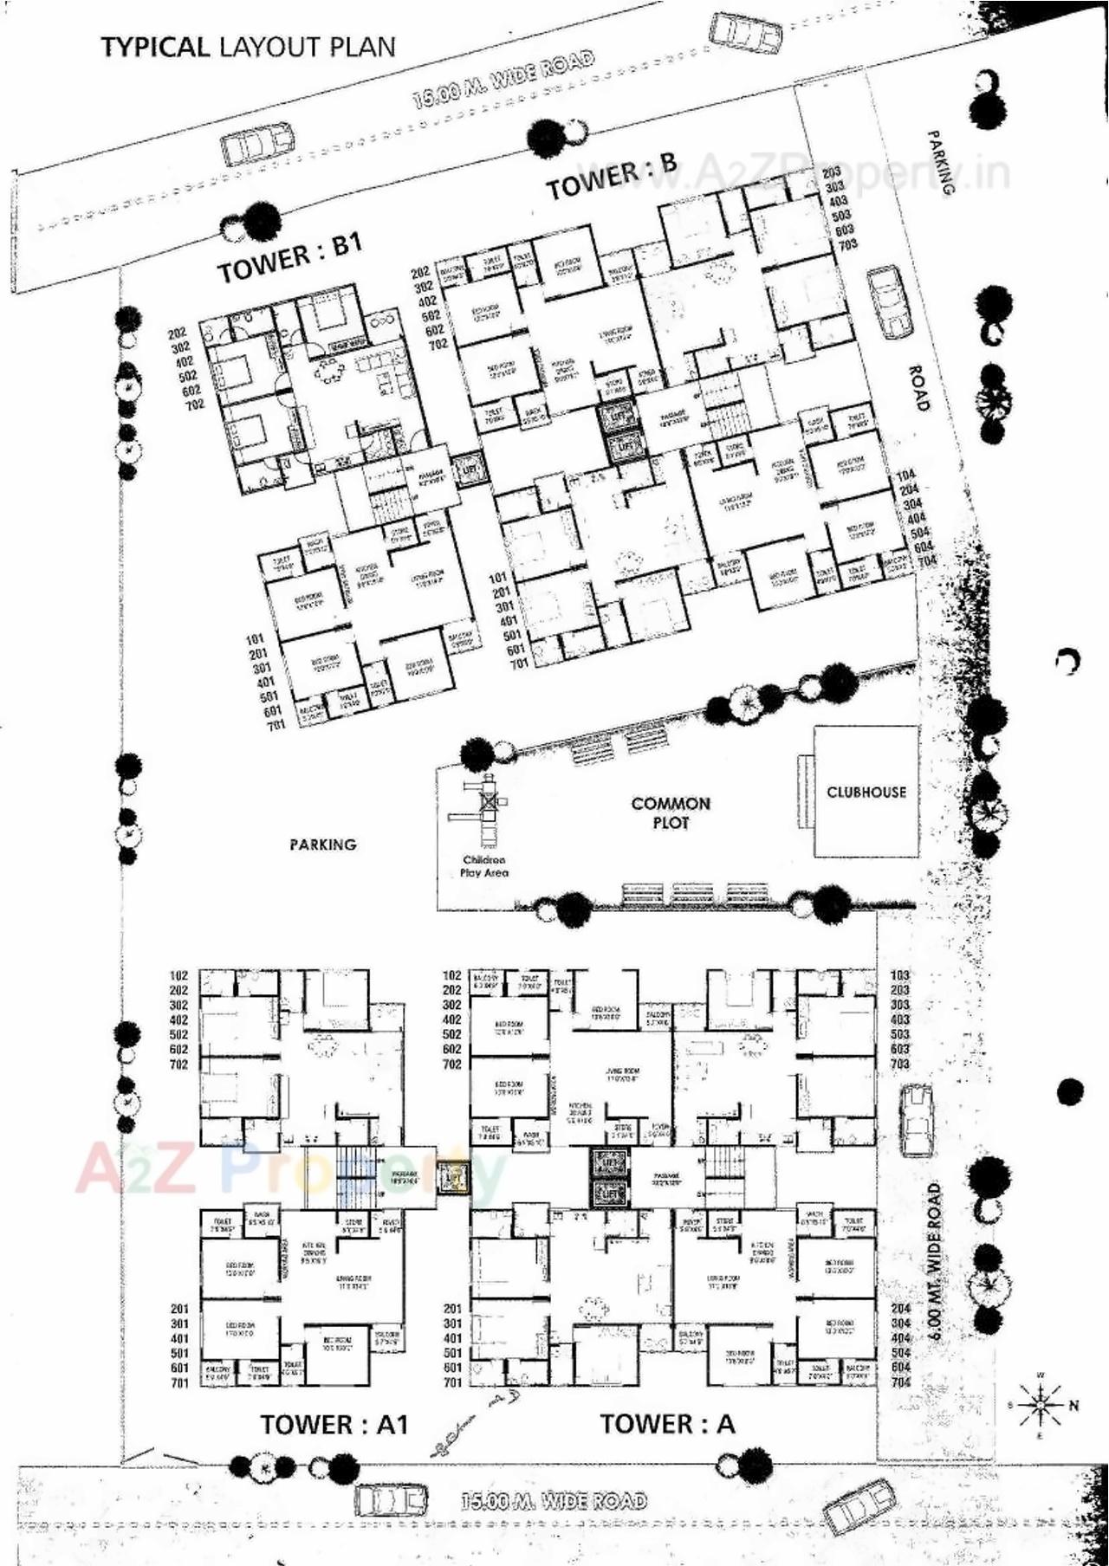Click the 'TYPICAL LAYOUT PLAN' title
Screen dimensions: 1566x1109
[x=248, y=47]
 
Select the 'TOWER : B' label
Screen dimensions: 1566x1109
[x=611, y=176]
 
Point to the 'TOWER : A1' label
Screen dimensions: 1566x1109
[x=334, y=1425]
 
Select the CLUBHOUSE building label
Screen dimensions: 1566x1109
[x=866, y=792]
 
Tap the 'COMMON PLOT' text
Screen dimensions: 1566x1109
[x=671, y=812]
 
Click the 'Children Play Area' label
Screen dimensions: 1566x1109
[x=484, y=866]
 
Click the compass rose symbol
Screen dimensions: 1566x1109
[x=1040, y=1404]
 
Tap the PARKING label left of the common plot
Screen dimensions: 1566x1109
[x=322, y=844]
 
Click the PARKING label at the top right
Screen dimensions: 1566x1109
[x=940, y=162]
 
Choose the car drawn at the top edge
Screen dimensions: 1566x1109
[x=744, y=33]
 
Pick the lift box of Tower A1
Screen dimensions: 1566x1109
[x=452, y=1178]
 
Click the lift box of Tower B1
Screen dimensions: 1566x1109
[x=469, y=469]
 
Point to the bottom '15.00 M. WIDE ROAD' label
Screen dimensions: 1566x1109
[x=554, y=1500]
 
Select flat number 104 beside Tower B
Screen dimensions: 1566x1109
[x=905, y=476]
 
